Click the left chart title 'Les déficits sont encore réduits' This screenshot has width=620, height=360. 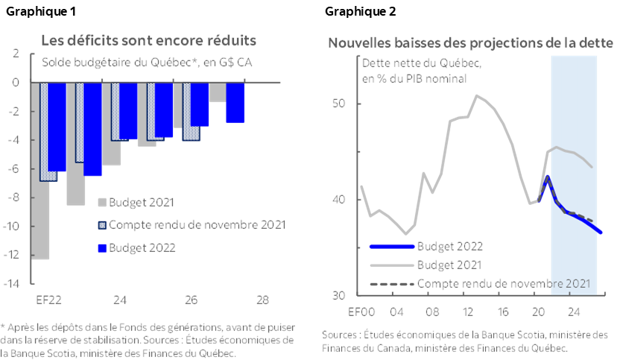(x=149, y=40)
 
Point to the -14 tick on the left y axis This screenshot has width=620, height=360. (x=14, y=283)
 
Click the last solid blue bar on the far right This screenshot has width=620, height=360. (x=235, y=103)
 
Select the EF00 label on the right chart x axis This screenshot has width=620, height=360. (x=361, y=311)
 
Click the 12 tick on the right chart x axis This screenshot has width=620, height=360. (x=468, y=311)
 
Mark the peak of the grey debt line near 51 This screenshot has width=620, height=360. (x=477, y=95)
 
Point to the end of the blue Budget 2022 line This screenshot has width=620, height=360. (x=600, y=233)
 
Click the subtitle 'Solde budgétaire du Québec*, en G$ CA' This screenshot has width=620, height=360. (x=147, y=61)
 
